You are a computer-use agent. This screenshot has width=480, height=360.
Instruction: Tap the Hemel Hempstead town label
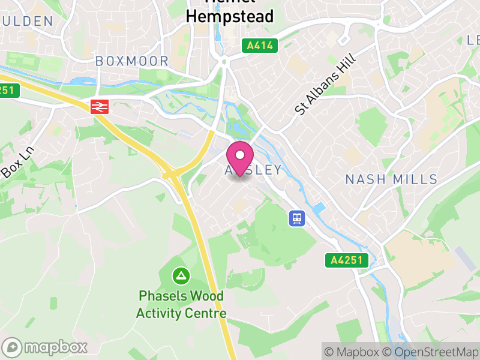click(x=229, y=12)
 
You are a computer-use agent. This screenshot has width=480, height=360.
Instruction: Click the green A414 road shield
click(x=260, y=46)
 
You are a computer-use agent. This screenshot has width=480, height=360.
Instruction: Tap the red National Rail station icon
click(x=98, y=107)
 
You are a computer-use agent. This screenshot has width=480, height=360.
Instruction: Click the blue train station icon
click(x=296, y=218)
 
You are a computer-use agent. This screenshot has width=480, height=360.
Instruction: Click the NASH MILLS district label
click(x=391, y=179)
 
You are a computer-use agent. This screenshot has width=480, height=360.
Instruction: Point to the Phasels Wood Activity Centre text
click(x=181, y=304)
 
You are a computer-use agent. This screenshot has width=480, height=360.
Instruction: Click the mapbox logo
click(x=45, y=347)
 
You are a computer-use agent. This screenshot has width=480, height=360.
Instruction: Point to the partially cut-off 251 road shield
click(x=9, y=91)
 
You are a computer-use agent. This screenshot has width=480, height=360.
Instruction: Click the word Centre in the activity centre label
click(x=206, y=313)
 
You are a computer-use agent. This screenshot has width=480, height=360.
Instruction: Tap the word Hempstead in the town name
click(x=229, y=16)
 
